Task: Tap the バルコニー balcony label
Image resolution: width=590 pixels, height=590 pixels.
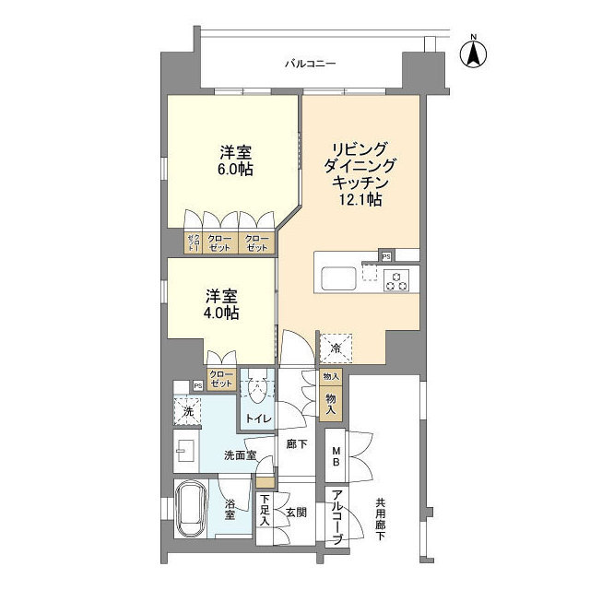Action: pyautogui.click(x=309, y=64)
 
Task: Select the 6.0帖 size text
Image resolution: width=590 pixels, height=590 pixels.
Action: pyautogui.click(x=237, y=170)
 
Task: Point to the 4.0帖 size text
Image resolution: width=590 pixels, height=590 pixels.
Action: pyautogui.click(x=222, y=313)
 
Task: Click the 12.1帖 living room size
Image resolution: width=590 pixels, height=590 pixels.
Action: pyautogui.click(x=360, y=199)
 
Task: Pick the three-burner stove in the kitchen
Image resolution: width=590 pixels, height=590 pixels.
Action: pyautogui.click(x=396, y=280)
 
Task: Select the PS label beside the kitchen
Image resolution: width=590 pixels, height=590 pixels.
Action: pyautogui.click(x=386, y=255)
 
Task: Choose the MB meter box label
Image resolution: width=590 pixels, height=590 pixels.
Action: pyautogui.click(x=336, y=456)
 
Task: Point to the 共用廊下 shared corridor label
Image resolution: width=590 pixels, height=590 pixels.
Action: pyautogui.click(x=379, y=520)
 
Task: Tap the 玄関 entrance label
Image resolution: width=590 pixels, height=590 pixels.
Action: pyautogui.click(x=295, y=513)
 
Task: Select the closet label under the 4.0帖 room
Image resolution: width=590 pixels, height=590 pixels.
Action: pyautogui.click(x=221, y=378)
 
